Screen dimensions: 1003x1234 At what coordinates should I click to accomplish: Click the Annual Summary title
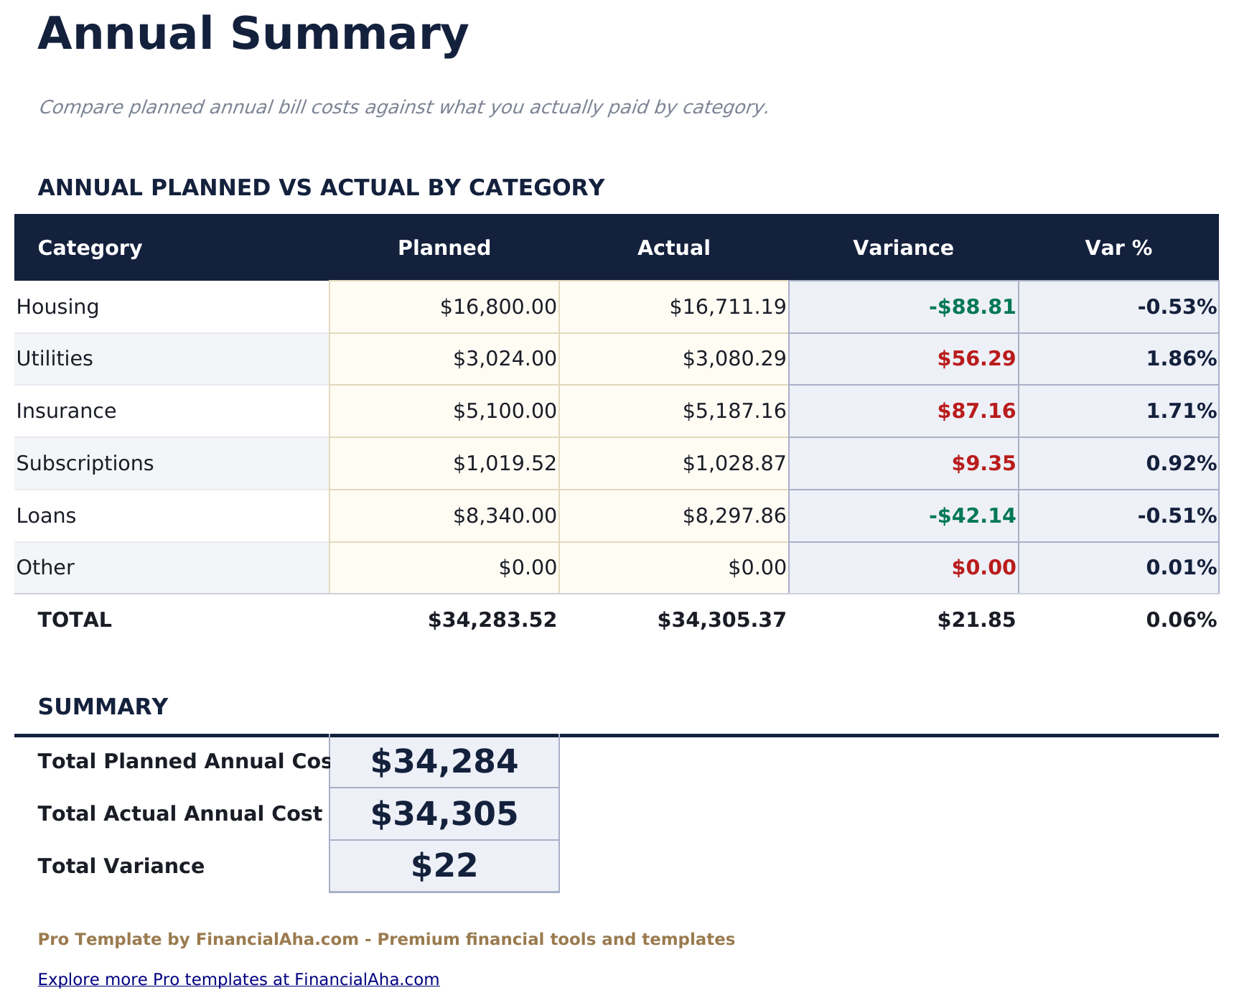253,34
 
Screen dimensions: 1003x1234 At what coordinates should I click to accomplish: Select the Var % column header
1118,248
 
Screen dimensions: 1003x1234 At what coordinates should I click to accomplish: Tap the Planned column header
444,248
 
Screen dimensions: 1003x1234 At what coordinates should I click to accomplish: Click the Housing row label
57,307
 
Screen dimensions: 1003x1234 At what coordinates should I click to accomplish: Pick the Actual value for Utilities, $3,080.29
734,359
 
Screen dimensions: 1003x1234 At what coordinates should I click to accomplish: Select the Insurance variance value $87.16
976,411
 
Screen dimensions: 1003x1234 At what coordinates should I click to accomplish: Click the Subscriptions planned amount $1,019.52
505,464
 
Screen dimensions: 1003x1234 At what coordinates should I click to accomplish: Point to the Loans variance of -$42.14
972,516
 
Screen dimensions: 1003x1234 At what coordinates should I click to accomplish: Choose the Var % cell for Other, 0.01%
1181,568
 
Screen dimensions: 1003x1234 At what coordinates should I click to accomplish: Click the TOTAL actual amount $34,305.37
721,620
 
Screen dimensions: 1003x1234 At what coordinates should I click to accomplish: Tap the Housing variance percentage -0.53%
1177,307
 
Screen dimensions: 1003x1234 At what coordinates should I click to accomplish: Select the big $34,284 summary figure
444,762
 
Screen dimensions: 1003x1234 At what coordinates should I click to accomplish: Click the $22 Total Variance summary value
444,866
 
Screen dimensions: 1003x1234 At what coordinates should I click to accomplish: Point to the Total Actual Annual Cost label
179,814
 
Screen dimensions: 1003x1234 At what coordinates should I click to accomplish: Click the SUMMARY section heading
103,707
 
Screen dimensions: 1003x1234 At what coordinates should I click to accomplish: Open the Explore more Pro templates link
238,979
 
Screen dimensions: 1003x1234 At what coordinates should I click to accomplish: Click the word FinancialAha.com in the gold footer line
277,940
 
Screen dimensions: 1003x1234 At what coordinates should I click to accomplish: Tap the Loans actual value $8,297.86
734,516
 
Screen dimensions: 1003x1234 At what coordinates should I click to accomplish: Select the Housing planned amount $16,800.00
498,307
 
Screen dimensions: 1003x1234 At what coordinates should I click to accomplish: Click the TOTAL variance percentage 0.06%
1181,620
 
